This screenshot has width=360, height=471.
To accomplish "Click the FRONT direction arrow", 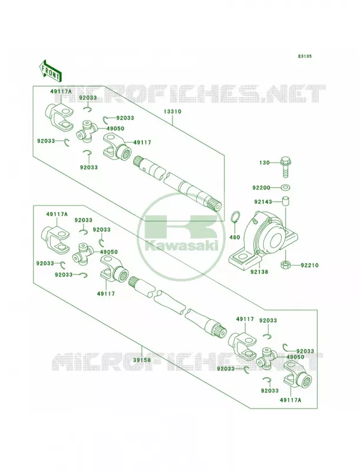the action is point(50,71).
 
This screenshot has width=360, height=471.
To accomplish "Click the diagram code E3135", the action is point(305,56).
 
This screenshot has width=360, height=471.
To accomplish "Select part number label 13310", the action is point(172,111).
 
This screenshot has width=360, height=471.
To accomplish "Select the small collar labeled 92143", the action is point(285,201).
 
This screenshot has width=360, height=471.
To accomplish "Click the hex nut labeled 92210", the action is point(285,265).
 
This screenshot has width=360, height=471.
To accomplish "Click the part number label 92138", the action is point(260,272).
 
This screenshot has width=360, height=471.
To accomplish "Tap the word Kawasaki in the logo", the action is point(181,246).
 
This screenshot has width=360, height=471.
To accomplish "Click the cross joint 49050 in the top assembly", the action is point(86,131).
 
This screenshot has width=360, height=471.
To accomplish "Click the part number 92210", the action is point(310,266).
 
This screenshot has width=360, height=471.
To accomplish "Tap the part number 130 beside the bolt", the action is point(264,162).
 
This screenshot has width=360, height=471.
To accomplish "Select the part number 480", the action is point(235,237).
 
